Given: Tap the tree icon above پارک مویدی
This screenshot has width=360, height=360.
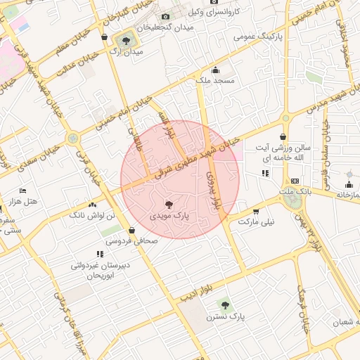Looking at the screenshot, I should pos(167,204).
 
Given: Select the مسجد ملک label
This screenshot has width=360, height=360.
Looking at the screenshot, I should pos(214,82).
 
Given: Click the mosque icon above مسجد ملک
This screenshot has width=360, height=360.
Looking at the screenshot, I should pos(215,70).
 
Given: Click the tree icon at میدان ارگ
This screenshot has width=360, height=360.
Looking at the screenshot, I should pos(126,41).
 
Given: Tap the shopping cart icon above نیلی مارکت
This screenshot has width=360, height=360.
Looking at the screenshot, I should pos(256,210).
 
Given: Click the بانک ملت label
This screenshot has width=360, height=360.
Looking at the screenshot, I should pos(294,192).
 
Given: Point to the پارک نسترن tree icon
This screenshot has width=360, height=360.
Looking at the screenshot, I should pos(225,305).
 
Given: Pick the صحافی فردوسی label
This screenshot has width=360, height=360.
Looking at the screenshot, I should pos(132,240).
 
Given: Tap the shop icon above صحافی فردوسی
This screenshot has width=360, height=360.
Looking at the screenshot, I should pos(132,229).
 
